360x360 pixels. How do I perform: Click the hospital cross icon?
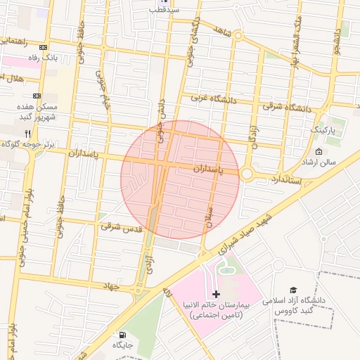click(216, 293)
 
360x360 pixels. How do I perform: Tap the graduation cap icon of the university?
click(293, 290)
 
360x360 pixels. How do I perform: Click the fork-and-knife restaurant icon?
click(27, 133)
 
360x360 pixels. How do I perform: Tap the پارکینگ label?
click(328, 131)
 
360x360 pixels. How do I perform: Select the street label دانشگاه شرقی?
click(287, 108)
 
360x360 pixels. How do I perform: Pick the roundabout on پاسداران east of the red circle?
click(247, 174)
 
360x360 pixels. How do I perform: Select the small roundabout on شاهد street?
click(238, 34)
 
